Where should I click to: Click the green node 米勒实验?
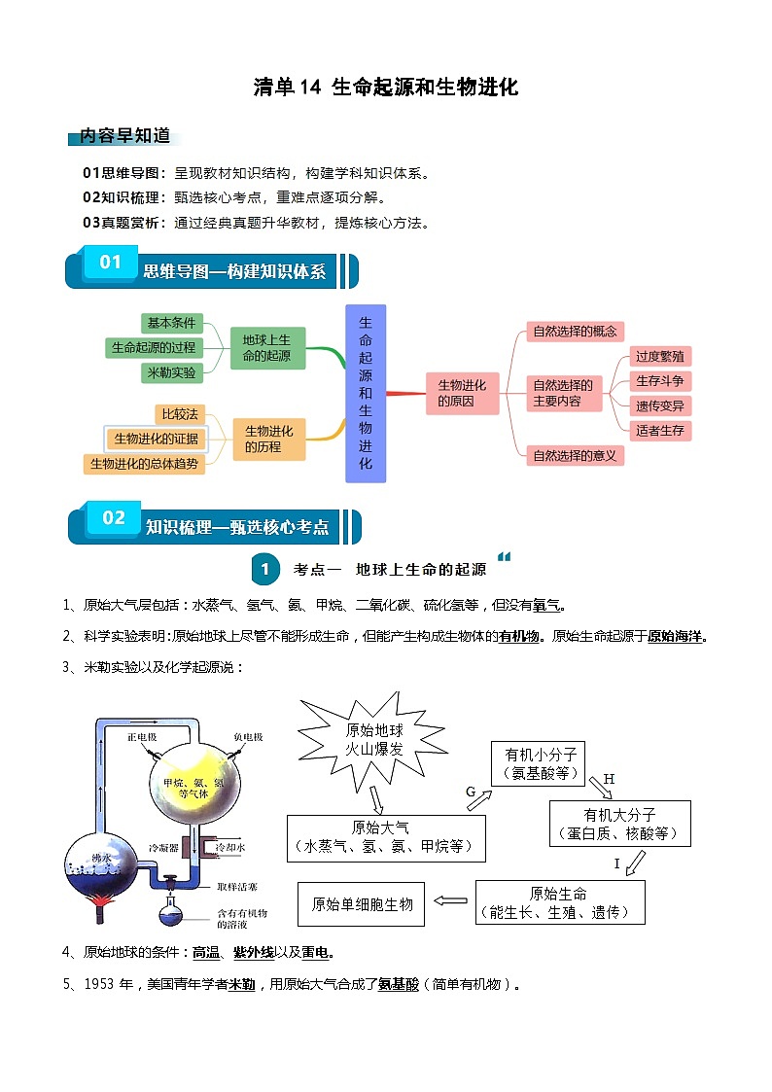pyautogui.click(x=170, y=372)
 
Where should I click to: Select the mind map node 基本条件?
pyautogui.click(x=170, y=323)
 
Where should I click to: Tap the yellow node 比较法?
pyautogui.click(x=180, y=414)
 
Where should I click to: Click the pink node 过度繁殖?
pyautogui.click(x=659, y=357)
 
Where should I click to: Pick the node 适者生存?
pyautogui.click(x=659, y=430)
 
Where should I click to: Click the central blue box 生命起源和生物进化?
pyautogui.click(x=366, y=393)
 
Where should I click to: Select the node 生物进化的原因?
pyautogui.click(x=462, y=393)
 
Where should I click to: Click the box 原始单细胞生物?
pyautogui.click(x=362, y=904)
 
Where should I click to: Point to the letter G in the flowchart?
pyautogui.click(x=471, y=793)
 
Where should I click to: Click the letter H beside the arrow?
pyautogui.click(x=610, y=779)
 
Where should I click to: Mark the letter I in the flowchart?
pyautogui.click(x=615, y=863)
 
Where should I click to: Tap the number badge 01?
pyautogui.click(x=111, y=263)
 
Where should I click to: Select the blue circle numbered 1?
pyautogui.click(x=264, y=569)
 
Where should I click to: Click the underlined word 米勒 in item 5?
pyautogui.click(x=241, y=984)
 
